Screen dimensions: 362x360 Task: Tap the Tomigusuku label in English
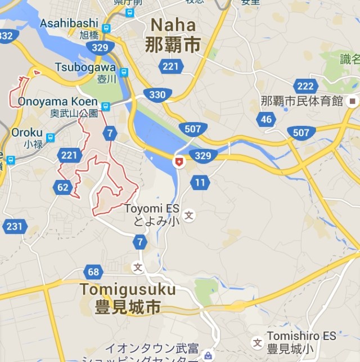pos(128,289)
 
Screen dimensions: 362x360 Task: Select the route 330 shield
pos(157,94)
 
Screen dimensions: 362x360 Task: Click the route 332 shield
pos(6,36)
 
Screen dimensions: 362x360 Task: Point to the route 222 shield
pos(305,85)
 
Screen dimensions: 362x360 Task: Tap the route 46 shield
pos(266,119)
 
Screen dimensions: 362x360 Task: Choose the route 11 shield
pos(200,182)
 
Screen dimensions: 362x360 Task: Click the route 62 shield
pos(62,187)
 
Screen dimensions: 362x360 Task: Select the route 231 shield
pos(13,226)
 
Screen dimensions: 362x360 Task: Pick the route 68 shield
pos(93,273)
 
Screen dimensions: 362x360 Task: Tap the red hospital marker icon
pos(179,162)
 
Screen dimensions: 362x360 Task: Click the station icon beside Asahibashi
pos(107,28)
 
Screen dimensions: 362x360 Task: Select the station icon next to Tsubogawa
pos(124,72)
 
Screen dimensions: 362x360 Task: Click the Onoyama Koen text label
pos(58,102)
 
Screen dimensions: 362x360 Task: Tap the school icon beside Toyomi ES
pos(190,215)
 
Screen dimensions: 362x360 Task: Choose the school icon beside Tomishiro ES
pos(257,342)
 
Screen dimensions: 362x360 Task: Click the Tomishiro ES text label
pos(301,336)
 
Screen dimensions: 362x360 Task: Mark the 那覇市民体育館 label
pos(302,101)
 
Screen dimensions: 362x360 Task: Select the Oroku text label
pos(26,133)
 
